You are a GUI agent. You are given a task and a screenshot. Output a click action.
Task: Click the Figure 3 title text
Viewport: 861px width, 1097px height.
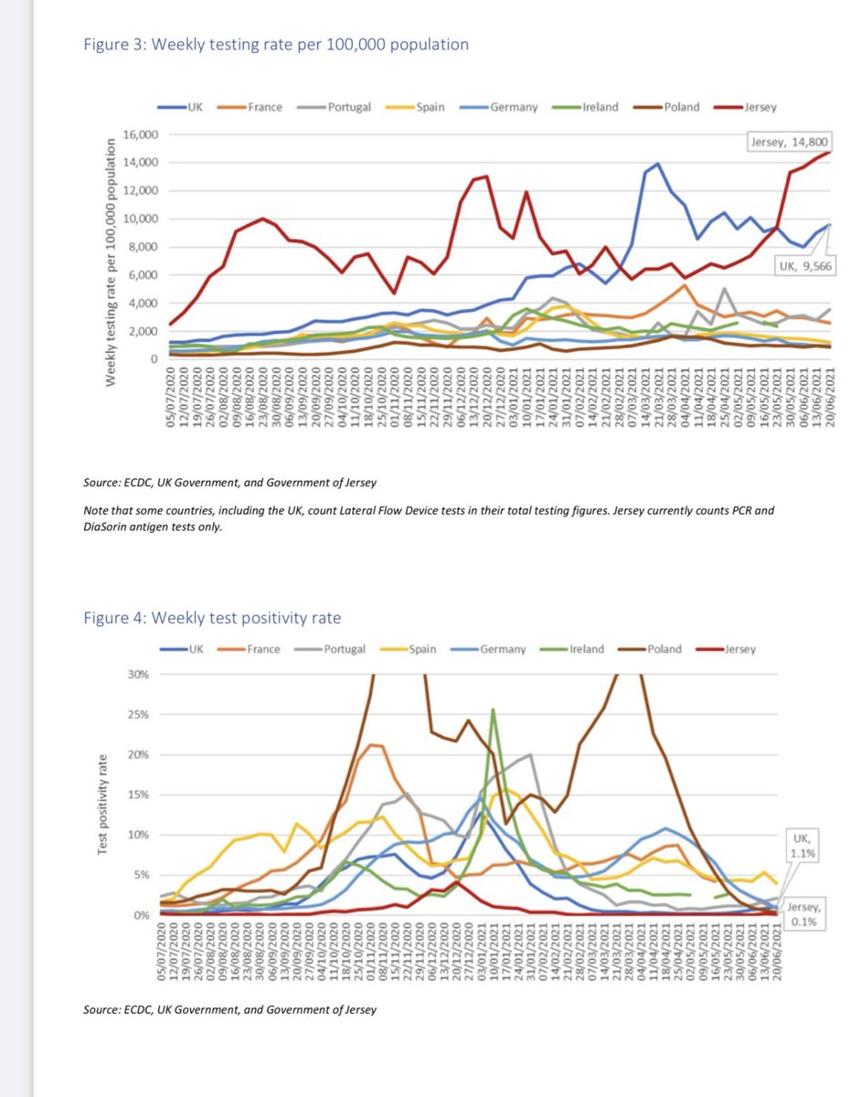(276, 45)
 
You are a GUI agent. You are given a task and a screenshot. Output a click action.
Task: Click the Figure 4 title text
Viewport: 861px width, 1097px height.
(212, 618)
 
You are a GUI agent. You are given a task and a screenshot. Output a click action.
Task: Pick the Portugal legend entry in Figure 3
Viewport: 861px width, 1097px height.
(340, 107)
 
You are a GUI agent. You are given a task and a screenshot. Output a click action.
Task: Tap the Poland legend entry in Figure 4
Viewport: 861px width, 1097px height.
(655, 649)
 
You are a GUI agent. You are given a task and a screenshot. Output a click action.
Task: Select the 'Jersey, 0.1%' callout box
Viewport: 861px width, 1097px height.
(804, 913)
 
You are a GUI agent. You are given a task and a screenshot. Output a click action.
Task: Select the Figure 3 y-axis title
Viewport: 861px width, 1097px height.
(112, 261)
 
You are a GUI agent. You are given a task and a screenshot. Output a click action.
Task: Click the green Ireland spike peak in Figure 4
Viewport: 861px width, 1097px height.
(494, 709)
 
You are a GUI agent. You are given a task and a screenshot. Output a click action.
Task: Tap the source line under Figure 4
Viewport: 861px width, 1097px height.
(229, 1010)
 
